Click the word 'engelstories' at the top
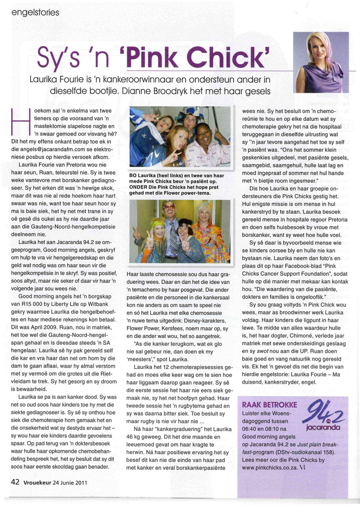coord(36,13)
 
